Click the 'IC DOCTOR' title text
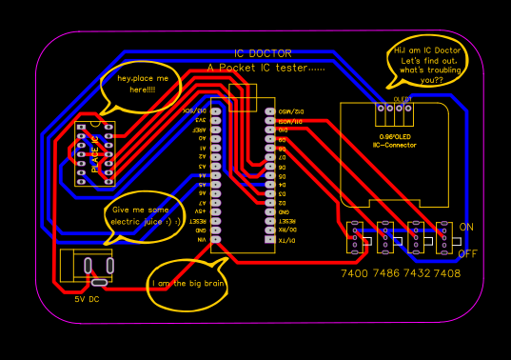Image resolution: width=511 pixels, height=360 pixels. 263,54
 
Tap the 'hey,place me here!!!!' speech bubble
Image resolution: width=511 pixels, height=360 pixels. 142,84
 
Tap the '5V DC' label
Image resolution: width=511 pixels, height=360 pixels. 87,299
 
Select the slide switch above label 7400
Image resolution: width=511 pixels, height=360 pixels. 354,239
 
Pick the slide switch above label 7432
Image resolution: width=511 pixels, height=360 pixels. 416,239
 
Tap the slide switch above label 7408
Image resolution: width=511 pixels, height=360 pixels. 444,239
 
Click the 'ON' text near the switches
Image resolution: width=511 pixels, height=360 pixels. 466,228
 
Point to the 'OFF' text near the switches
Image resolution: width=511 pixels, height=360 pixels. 468,254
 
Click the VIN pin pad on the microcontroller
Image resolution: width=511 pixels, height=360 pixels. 216,240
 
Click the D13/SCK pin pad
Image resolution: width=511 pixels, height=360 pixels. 216,111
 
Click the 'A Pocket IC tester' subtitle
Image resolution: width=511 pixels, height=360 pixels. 265,69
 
